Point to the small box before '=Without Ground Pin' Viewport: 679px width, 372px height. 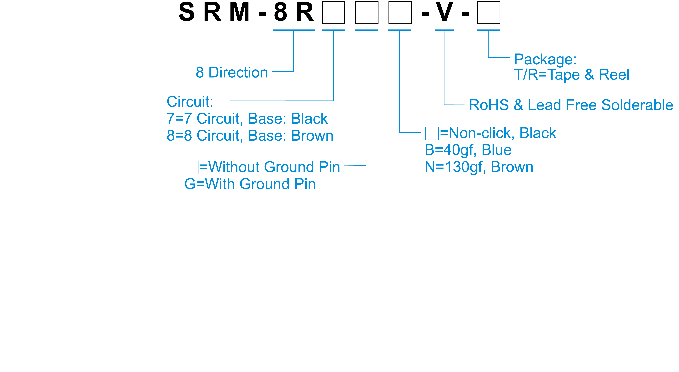192,167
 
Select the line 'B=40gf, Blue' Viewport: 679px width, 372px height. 468,150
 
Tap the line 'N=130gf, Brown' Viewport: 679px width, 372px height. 479,167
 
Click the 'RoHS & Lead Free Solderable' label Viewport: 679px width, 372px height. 571,105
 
